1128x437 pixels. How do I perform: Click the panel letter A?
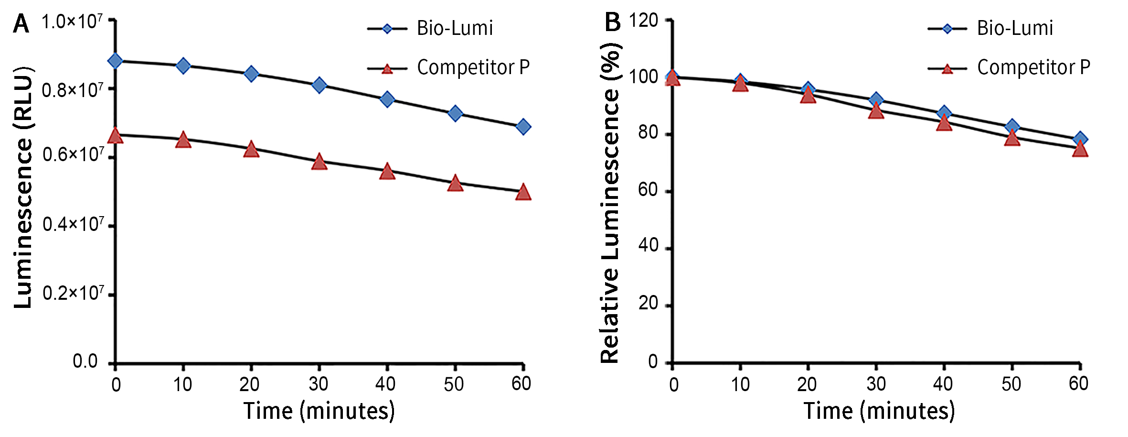coord(21,23)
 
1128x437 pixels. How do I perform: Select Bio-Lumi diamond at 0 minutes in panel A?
coord(115,61)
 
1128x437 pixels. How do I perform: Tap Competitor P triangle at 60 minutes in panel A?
coord(523,192)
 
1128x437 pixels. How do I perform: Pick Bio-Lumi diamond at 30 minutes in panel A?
coord(319,86)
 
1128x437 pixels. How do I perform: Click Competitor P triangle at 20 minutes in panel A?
coord(251,150)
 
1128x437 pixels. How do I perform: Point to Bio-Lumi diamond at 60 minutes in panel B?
coord(1080,140)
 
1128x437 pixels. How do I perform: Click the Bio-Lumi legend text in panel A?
coord(455,28)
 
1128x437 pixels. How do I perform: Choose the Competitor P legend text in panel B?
coord(1034,67)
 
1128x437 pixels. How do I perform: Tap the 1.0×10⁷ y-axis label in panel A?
coord(72,22)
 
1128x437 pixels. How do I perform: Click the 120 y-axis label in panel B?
coord(643,21)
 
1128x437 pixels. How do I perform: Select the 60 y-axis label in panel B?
coord(648,190)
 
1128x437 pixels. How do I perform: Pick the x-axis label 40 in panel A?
coord(385,384)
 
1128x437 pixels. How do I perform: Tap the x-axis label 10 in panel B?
coord(740,384)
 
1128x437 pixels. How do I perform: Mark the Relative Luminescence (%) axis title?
coord(610,203)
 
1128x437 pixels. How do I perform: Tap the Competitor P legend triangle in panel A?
coord(387,69)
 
